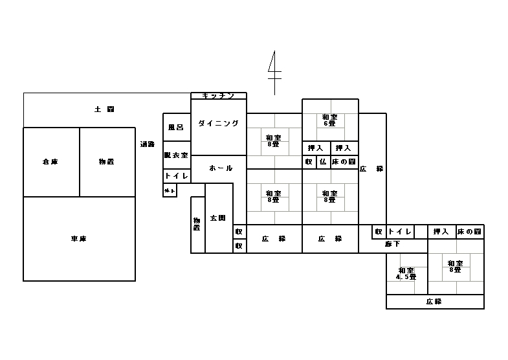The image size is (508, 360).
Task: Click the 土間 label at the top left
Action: pyautogui.click(x=104, y=109)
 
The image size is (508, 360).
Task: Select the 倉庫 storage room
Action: pyautogui.click(x=50, y=162)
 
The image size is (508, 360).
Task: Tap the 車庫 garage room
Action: pyautogui.click(x=79, y=239)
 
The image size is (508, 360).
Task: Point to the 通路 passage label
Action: pyautogui.click(x=147, y=144)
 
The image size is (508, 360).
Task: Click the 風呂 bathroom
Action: pyautogui.click(x=176, y=127)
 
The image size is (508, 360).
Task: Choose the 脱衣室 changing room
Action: pyautogui.click(x=176, y=155)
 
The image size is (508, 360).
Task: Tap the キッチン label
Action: pyautogui.click(x=218, y=96)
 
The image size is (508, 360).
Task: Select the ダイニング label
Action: pyautogui.click(x=219, y=123)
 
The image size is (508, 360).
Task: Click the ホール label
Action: pyautogui.click(x=221, y=168)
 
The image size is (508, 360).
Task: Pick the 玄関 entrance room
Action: pyautogui.click(x=219, y=218)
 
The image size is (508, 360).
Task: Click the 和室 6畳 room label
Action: pyautogui.click(x=329, y=120)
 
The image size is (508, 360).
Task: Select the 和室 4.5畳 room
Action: pyautogui.click(x=406, y=273)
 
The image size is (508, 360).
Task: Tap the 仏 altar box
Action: pyautogui.click(x=322, y=162)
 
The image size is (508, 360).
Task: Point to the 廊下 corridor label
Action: pyautogui.click(x=392, y=244)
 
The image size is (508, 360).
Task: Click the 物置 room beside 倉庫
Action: pyautogui.click(x=107, y=162)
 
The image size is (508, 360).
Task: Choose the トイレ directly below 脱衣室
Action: pyautogui.click(x=176, y=175)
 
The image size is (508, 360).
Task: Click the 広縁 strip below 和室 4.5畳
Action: pyautogui.click(x=434, y=302)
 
